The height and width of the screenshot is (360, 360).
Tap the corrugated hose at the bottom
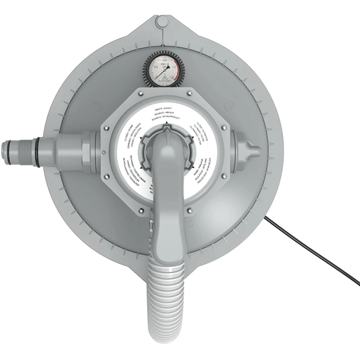click(169, 305)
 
